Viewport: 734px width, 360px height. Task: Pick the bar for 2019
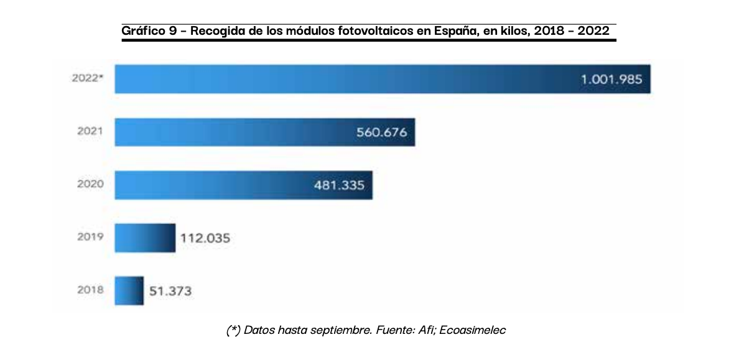(145, 238)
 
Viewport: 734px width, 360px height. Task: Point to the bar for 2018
(129, 290)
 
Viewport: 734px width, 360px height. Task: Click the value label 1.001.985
(611, 80)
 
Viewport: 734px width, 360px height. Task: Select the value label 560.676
(382, 132)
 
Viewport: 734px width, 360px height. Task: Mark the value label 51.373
(170, 291)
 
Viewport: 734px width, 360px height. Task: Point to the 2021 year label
(90, 132)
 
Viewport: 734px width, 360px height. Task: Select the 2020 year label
(90, 185)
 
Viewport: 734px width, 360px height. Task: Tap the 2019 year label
(90, 238)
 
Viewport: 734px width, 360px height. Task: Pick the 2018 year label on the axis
(90, 290)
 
